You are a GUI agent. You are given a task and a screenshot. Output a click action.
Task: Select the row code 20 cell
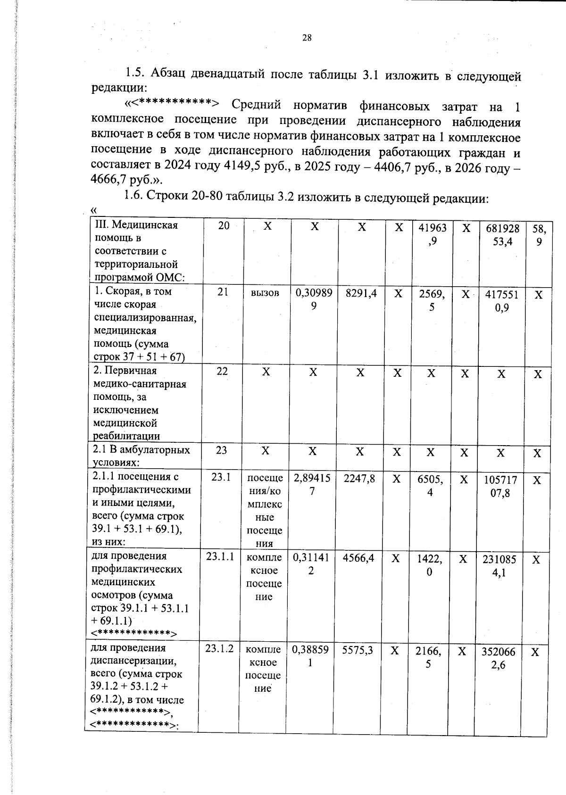[224, 226]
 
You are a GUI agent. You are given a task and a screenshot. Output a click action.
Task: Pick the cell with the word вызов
[266, 293]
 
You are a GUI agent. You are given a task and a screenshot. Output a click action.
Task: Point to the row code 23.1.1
[220, 556]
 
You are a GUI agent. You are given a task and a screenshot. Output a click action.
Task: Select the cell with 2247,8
[359, 479]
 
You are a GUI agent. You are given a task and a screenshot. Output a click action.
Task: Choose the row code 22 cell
[222, 371]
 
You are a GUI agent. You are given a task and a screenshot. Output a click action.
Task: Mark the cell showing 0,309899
[314, 299]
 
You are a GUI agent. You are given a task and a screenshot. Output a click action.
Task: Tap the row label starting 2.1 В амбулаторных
[141, 456]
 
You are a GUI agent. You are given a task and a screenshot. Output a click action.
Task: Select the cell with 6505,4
[430, 486]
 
